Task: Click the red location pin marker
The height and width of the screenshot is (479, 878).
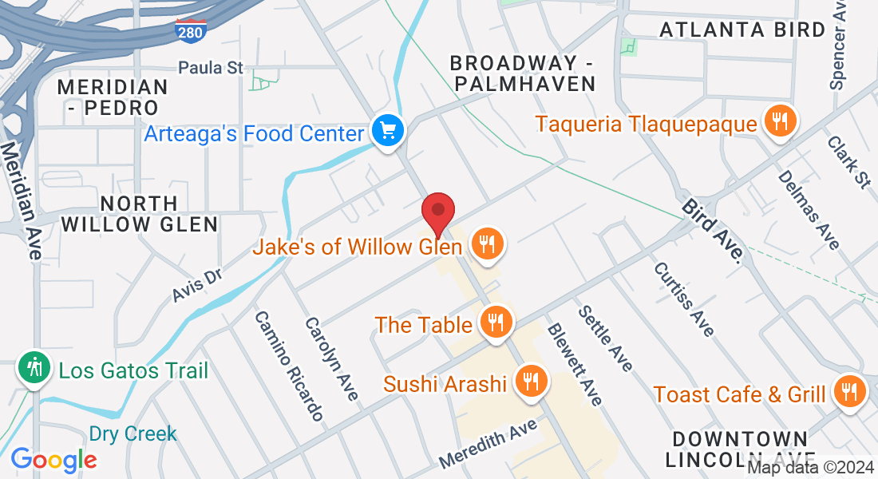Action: pyautogui.click(x=438, y=212)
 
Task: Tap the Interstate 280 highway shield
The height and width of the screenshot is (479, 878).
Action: pyautogui.click(x=190, y=30)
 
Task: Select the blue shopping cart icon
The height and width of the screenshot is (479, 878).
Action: pyautogui.click(x=389, y=130)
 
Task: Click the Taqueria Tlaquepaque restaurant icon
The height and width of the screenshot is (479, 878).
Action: pyautogui.click(x=779, y=121)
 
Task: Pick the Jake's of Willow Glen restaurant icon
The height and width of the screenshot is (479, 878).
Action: pyautogui.click(x=486, y=244)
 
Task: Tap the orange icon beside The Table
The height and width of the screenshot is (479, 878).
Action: pyautogui.click(x=496, y=323)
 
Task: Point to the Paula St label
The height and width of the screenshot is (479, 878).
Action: pyautogui.click(x=211, y=68)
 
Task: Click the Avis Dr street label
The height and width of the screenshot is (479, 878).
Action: pyautogui.click(x=196, y=285)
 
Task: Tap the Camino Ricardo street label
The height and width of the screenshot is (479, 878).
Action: pyautogui.click(x=289, y=365)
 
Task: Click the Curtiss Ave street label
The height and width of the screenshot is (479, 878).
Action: pyautogui.click(x=684, y=299)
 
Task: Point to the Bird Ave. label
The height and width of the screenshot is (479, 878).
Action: pyautogui.click(x=714, y=232)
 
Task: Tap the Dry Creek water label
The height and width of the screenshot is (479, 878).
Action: pyautogui.click(x=132, y=434)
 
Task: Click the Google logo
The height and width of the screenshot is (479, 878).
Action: pyautogui.click(x=53, y=459)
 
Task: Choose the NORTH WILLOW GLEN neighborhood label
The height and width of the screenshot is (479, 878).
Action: pyautogui.click(x=139, y=213)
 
